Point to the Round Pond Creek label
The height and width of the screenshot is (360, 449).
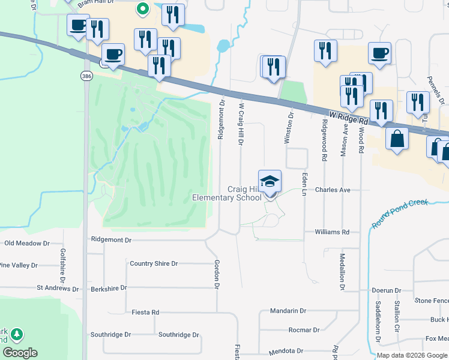pos(399,213)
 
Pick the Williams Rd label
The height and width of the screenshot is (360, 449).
pos(332,232)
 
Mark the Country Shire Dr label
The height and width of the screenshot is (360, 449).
pos(154,263)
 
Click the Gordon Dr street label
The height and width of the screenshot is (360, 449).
pos(216,274)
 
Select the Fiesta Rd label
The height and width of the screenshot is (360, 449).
pos(145,312)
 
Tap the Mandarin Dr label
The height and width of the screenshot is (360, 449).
pos(288,311)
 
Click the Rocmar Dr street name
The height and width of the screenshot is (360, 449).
pos(304,330)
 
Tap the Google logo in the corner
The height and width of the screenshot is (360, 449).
pos(20,353)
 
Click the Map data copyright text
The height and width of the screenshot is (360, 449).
pos(412,355)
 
